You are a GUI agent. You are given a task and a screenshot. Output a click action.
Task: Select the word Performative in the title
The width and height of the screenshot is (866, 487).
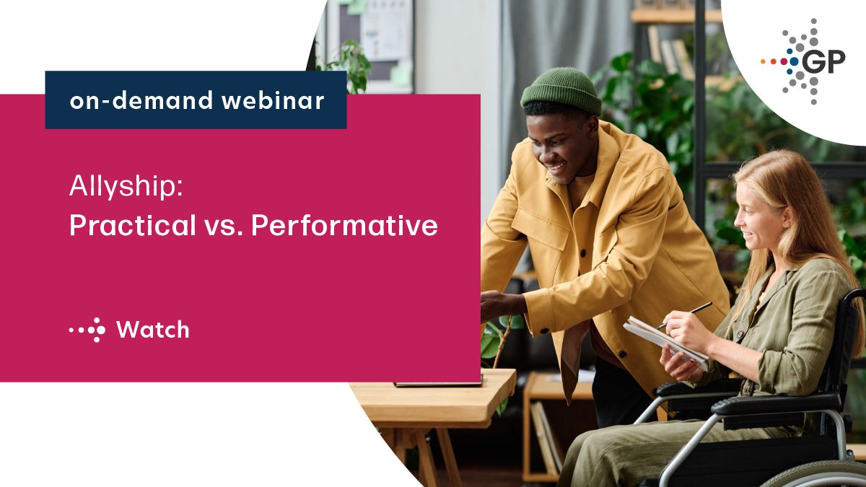(x=344, y=226)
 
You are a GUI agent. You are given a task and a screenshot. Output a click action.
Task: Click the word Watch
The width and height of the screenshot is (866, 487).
(x=152, y=330)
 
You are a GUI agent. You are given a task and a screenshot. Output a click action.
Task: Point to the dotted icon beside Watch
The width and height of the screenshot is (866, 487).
(x=87, y=330)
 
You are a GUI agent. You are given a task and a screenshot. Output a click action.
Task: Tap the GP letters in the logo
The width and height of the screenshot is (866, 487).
(x=823, y=63)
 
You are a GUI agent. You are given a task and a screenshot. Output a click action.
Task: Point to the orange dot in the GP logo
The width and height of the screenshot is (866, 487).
(x=763, y=62)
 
